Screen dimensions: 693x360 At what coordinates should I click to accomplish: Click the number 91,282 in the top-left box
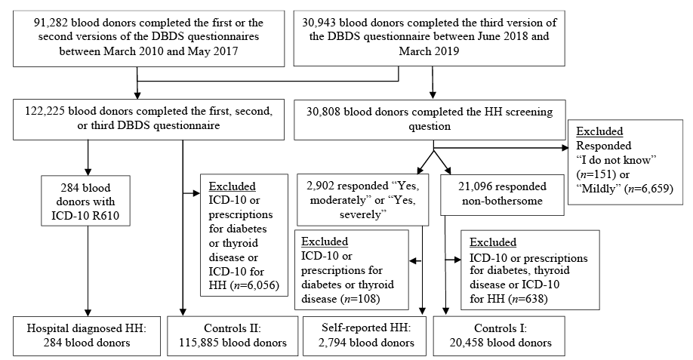(50, 23)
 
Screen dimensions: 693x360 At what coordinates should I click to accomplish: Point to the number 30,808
(324, 111)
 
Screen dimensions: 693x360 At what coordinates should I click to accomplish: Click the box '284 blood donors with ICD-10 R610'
(86, 201)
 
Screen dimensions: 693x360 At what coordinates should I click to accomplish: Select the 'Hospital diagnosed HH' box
(87, 336)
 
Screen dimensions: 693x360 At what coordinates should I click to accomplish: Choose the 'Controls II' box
(233, 336)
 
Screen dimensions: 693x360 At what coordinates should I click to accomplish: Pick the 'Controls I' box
(500, 336)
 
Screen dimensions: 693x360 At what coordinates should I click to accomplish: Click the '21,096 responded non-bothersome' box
(501, 195)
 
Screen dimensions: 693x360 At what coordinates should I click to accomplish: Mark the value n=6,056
(254, 285)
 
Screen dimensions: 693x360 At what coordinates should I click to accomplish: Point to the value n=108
(360, 299)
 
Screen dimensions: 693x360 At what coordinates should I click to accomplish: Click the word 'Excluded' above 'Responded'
(599, 131)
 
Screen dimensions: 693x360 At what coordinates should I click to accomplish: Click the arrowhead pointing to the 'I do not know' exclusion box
(565, 148)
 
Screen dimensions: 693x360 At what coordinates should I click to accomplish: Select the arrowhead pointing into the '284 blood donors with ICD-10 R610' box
(88, 172)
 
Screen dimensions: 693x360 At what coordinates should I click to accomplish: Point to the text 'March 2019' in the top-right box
(429, 51)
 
